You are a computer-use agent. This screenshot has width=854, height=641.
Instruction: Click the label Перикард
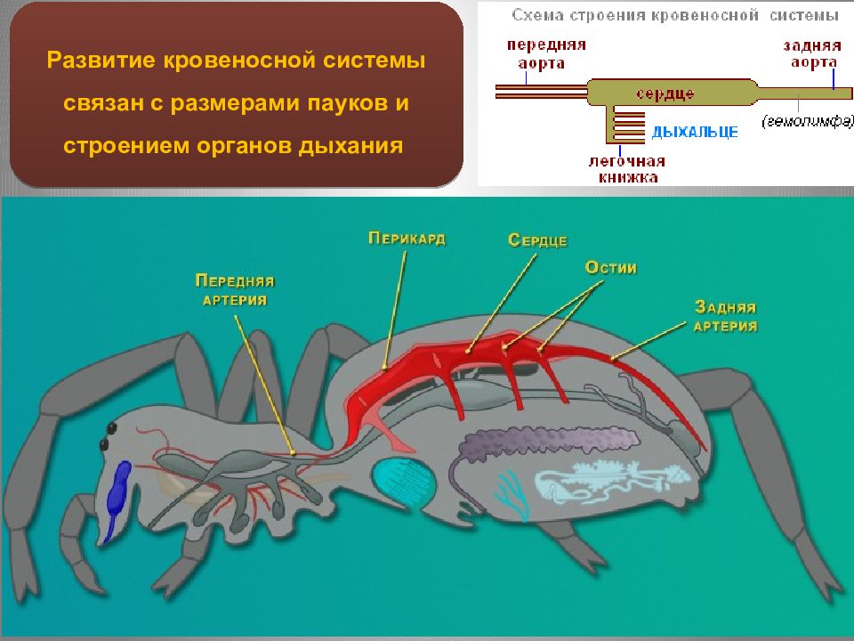(x=407, y=238)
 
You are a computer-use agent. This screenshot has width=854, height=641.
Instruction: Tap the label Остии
(x=611, y=267)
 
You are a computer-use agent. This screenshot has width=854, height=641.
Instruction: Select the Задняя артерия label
(x=725, y=316)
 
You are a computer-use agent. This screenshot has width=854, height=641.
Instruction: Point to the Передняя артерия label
(x=235, y=290)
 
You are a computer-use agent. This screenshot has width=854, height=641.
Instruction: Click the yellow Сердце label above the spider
(x=537, y=239)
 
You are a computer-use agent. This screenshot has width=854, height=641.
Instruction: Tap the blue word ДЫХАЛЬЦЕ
(x=695, y=133)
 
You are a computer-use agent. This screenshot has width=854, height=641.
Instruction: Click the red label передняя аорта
(x=546, y=53)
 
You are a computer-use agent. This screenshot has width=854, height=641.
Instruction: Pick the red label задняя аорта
(x=810, y=53)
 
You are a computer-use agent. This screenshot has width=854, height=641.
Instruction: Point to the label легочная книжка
(x=627, y=169)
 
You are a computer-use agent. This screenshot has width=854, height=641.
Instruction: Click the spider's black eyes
(x=108, y=434)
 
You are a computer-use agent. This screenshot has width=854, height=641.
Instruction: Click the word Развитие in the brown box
(x=101, y=62)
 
